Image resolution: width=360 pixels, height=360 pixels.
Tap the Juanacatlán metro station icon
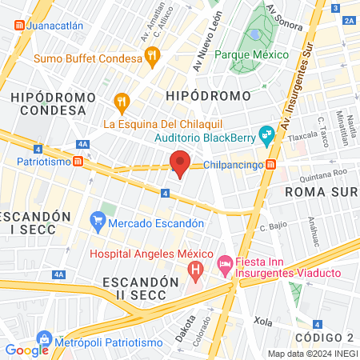pyautogui.click(x=18, y=25)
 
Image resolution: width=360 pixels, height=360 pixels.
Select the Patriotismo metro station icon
pyautogui.click(x=78, y=161)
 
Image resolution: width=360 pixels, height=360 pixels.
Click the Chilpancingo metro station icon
pyautogui.click(x=271, y=165)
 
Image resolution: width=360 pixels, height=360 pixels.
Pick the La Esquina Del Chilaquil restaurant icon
pyautogui.click(x=122, y=102)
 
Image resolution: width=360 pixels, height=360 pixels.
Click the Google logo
pyautogui.click(x=26, y=350)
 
